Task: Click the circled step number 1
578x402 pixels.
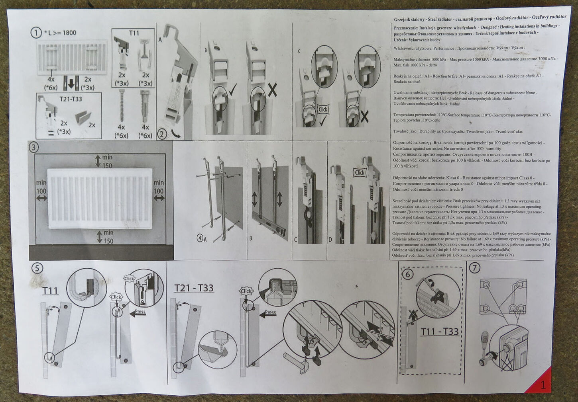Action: click(36, 33)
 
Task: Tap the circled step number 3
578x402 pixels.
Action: click(34, 147)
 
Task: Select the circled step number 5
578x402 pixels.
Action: click(37, 268)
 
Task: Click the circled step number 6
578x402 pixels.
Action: click(407, 274)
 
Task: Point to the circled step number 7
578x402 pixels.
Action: click(474, 268)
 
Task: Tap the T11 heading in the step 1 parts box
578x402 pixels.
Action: click(134, 33)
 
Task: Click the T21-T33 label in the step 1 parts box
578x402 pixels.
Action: click(69, 99)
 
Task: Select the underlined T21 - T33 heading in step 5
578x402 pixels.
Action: click(194, 287)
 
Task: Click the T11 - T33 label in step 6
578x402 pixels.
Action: click(440, 331)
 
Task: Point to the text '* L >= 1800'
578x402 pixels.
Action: click(60, 33)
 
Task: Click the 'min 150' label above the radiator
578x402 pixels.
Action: click(106, 161)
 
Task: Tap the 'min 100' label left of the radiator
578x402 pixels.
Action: click(41, 187)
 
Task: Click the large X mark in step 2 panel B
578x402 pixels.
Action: click(272, 90)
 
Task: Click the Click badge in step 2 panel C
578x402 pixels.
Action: click(323, 109)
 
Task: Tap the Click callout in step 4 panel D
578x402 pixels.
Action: click(360, 172)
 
